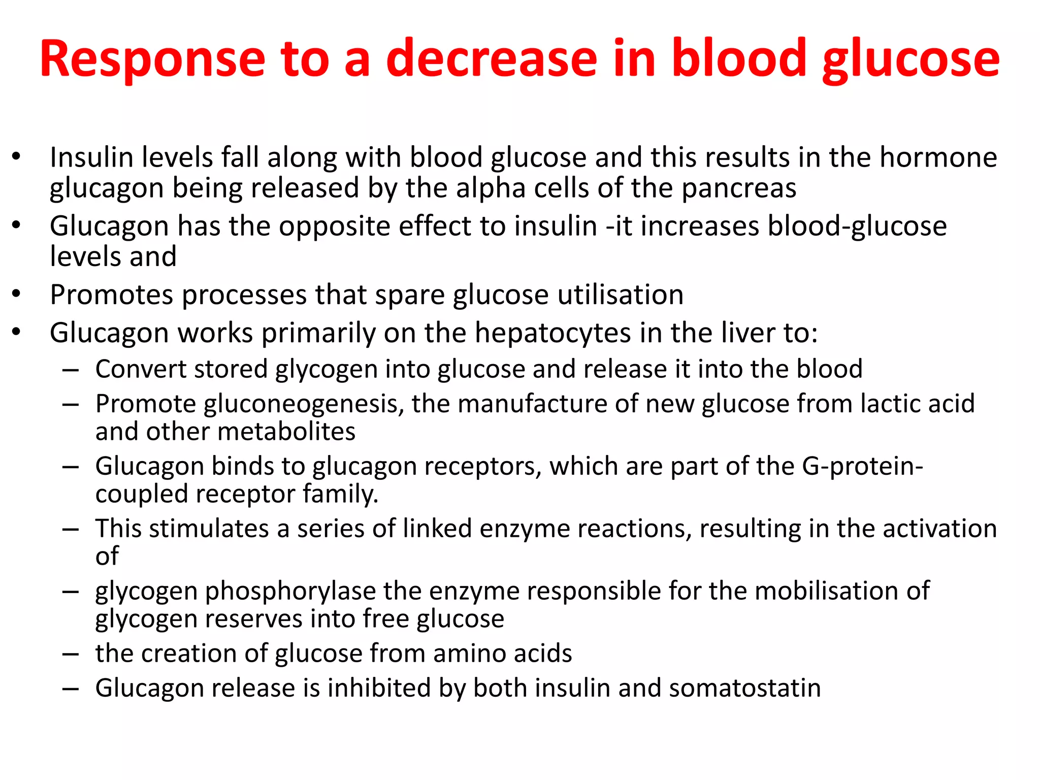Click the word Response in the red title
[x=152, y=60]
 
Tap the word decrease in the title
[x=492, y=59]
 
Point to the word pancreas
[x=739, y=188]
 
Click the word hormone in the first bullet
[x=938, y=157]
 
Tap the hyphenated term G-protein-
[x=862, y=466]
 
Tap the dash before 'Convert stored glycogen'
[x=71, y=370]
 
